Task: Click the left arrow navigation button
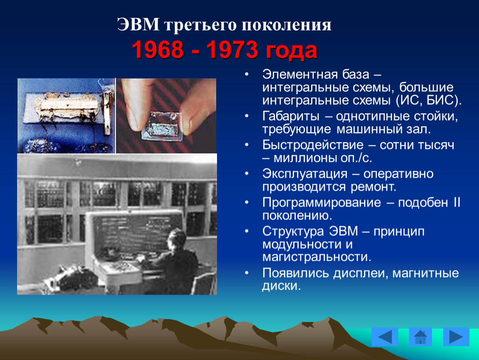[384, 337]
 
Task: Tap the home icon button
[420, 337]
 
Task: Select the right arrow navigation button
[456, 337]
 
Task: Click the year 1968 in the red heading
[158, 50]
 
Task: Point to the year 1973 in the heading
[232, 50]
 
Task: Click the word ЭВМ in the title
[138, 25]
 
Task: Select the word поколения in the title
[287, 25]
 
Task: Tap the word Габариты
[291, 116]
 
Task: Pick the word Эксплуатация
[305, 174]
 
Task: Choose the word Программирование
[322, 202]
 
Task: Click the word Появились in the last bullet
[295, 272]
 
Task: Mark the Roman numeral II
[457, 202]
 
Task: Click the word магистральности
[317, 257]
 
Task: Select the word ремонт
[373, 187]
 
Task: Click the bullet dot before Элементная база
[247, 74]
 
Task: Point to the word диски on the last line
[281, 286]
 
